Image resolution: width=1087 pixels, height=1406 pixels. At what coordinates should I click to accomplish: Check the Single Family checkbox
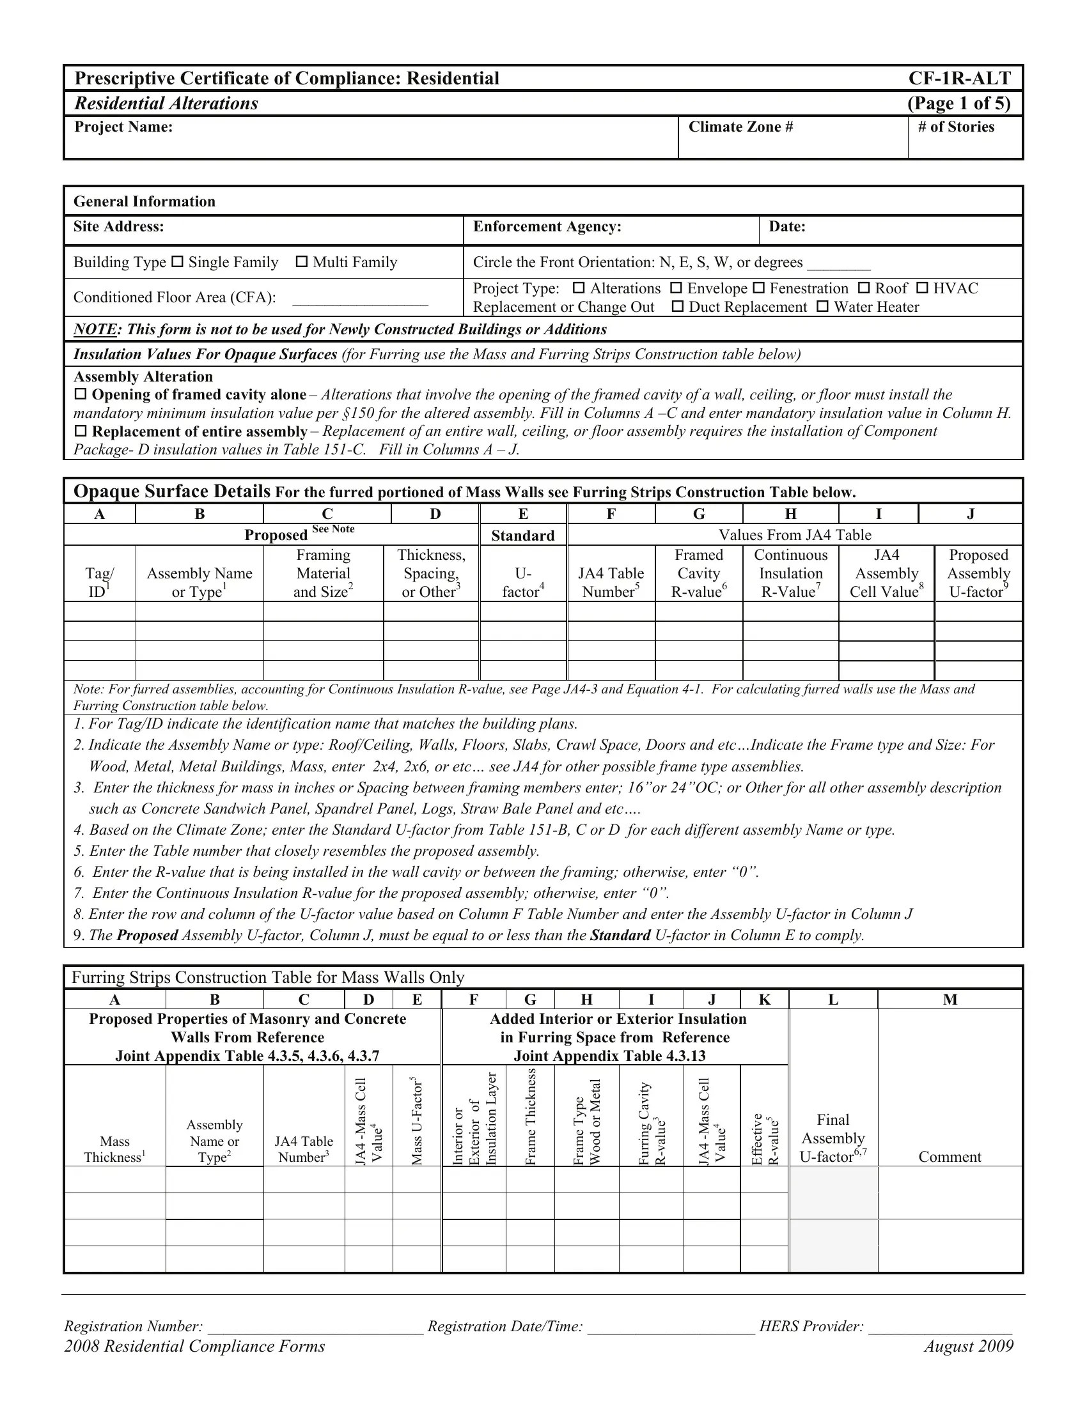178,262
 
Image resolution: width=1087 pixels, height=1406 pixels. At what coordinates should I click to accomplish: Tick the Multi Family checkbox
302,262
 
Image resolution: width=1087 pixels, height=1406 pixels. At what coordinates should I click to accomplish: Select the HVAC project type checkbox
922,288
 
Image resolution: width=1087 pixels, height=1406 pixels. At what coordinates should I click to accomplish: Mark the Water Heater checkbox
822,306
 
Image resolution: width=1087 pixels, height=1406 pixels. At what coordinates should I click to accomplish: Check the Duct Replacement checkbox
676,306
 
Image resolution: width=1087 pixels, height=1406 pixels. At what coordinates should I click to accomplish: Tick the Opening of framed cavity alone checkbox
81,394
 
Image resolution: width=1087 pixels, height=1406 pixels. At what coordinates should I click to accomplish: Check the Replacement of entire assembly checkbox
81,431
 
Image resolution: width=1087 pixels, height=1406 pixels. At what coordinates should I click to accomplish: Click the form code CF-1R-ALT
959,79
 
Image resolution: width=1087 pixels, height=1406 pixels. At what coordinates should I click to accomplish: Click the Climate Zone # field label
740,127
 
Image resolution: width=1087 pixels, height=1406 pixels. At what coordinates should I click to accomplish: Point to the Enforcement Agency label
547,227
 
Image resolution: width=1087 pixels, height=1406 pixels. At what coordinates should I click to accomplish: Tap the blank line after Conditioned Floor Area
360,298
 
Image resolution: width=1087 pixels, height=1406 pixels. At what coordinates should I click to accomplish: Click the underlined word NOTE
95,330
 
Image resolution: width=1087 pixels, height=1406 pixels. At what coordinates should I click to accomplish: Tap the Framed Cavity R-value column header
699,573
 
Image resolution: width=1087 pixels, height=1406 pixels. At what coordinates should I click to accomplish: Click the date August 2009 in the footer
968,1347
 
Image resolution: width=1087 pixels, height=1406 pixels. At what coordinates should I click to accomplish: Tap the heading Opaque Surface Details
171,491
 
